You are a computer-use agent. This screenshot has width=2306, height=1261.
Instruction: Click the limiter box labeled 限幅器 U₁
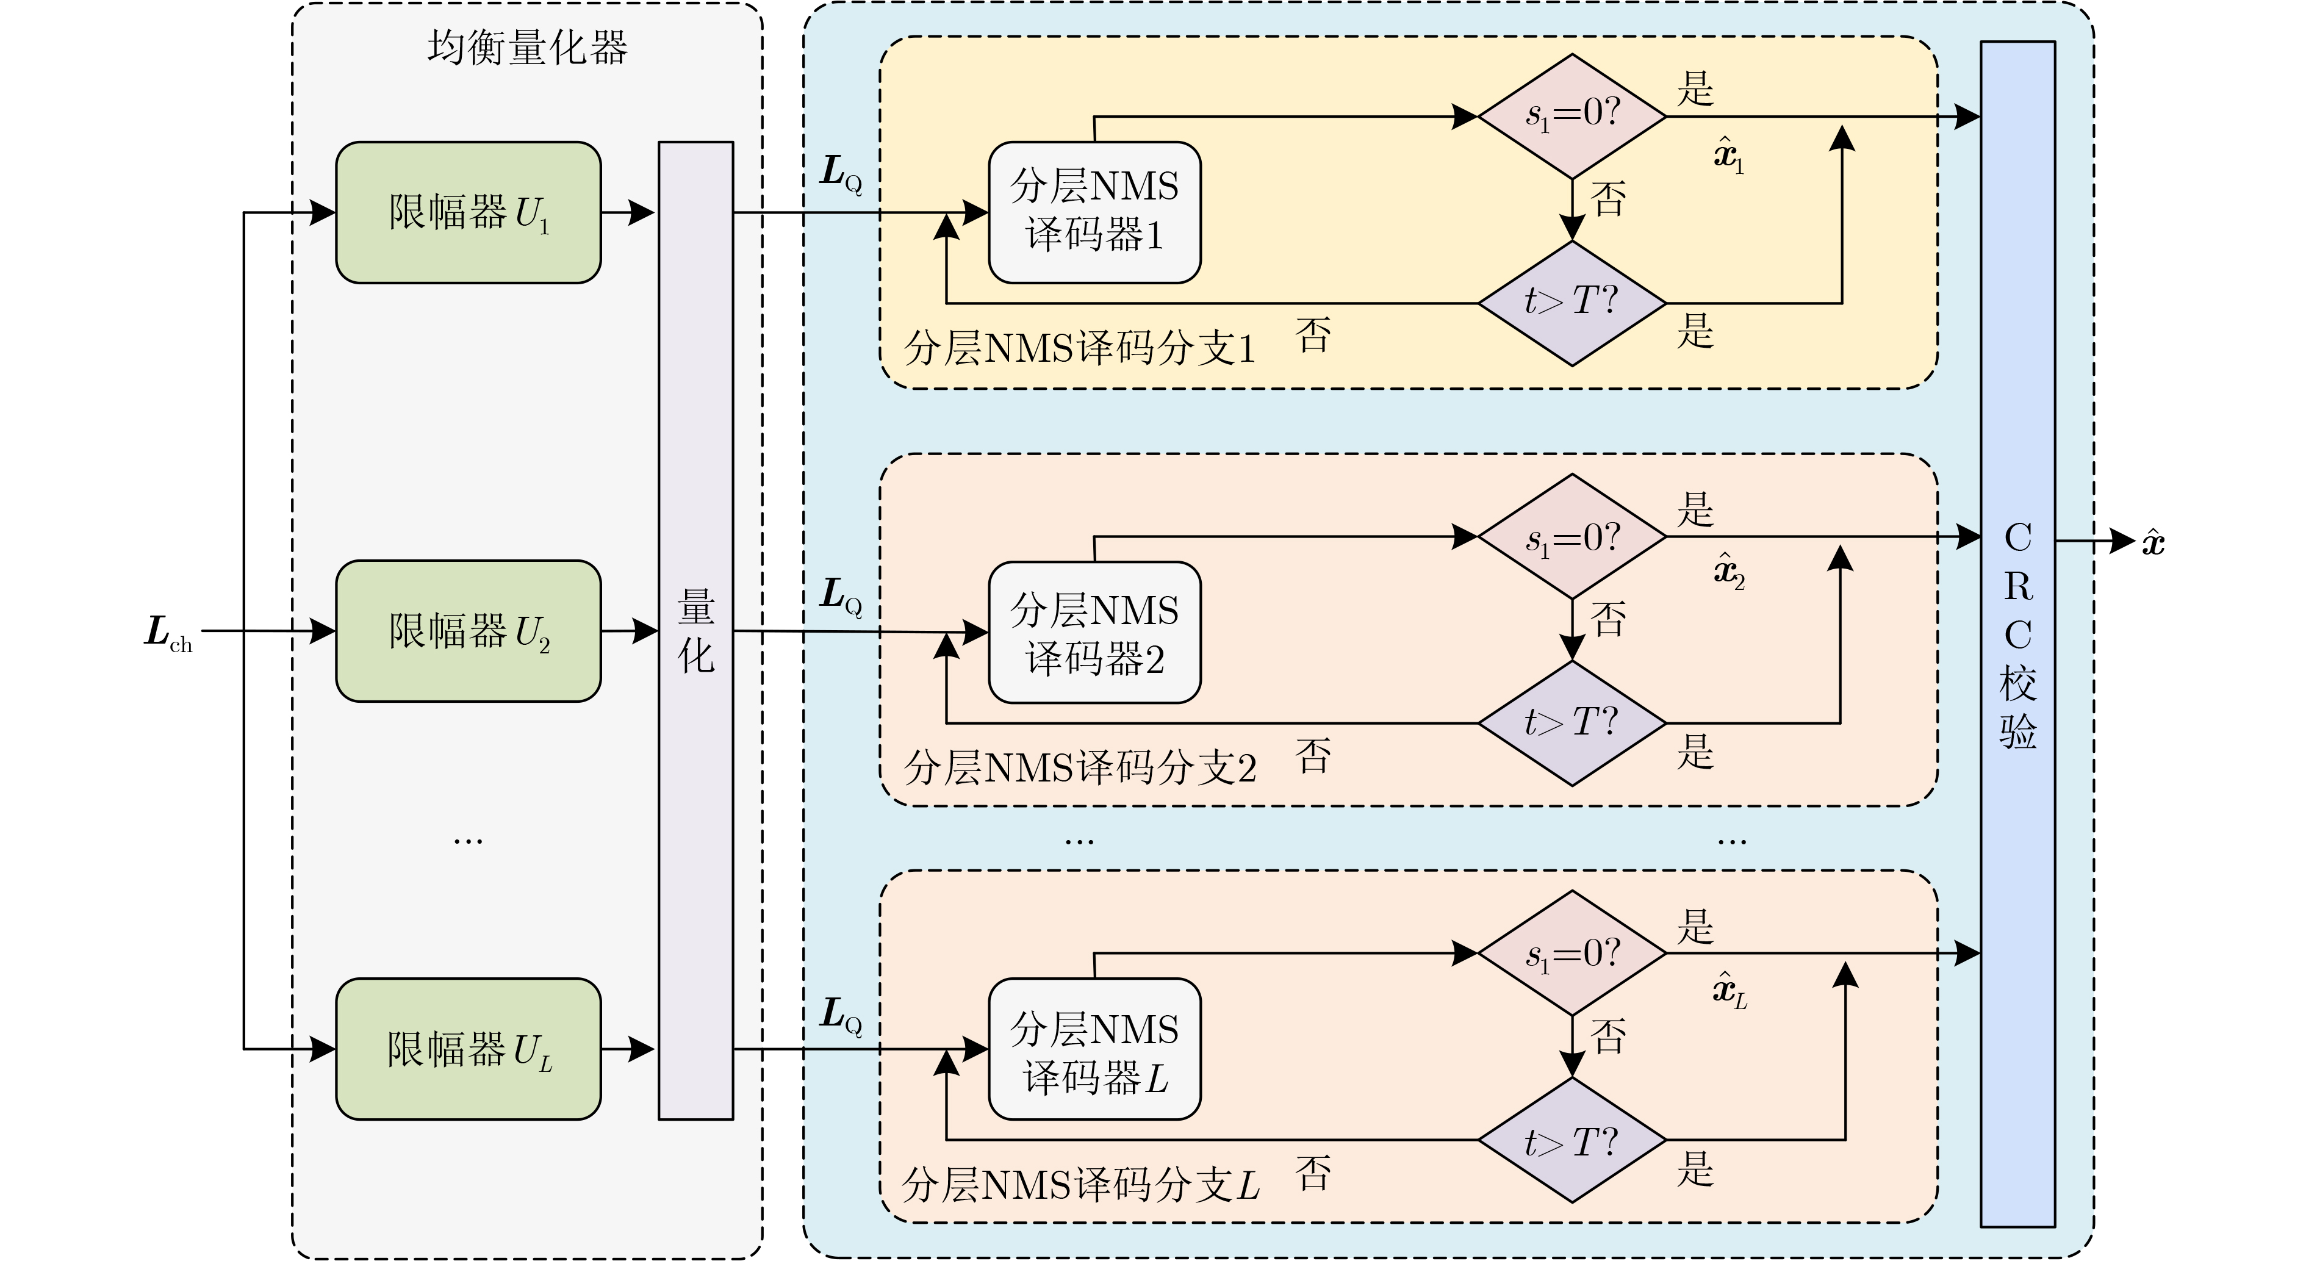click(x=468, y=212)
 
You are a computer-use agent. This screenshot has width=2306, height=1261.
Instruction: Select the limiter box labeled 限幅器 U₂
click(x=468, y=631)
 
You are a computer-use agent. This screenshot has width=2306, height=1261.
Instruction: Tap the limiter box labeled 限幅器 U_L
click(x=468, y=1049)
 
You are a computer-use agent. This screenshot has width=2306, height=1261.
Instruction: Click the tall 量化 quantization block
click(x=695, y=631)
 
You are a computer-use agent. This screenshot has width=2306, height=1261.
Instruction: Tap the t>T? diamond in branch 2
click(x=1572, y=723)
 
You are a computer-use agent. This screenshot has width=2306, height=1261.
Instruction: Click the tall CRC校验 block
click(x=2018, y=634)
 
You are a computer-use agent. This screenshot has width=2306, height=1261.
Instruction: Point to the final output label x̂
click(x=2153, y=542)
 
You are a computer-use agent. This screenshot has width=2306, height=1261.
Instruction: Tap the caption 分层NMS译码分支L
click(x=1080, y=1185)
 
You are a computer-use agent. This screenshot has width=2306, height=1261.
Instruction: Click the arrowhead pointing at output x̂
click(x=2124, y=541)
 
